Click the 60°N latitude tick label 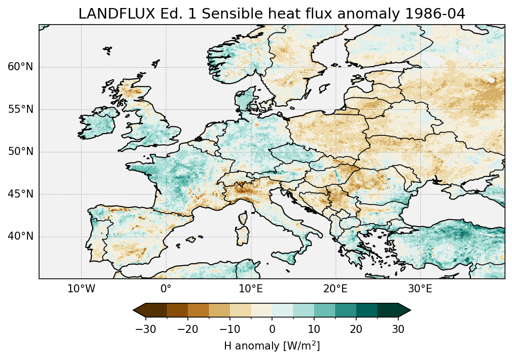(20, 67)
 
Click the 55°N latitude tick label (20, 109)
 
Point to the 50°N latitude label (20, 152)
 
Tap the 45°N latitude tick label (20, 194)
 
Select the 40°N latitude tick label (20, 236)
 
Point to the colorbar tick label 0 (272, 329)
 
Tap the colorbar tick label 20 (356, 329)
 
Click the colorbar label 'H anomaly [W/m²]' (272, 345)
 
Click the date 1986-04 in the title (435, 14)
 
